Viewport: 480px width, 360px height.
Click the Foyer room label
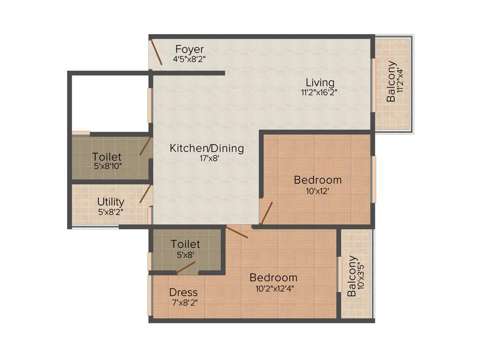[189, 49]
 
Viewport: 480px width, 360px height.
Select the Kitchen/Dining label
[207, 149]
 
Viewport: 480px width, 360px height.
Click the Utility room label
[111, 202]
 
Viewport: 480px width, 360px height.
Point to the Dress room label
[183, 292]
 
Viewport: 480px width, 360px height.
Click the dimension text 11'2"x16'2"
[320, 93]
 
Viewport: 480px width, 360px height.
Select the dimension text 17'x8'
[207, 158]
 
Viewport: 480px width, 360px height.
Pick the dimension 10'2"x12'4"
[273, 288]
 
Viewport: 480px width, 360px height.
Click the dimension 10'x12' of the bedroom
[317, 191]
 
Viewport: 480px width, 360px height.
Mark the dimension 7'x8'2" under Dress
[183, 303]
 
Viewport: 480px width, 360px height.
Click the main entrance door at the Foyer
[156, 52]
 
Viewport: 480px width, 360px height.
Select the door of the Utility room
[145, 194]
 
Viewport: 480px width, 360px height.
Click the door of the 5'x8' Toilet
[186, 267]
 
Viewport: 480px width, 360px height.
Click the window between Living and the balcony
[374, 84]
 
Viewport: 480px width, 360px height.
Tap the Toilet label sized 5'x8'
[185, 244]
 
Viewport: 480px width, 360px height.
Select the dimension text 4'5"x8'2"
[189, 60]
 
